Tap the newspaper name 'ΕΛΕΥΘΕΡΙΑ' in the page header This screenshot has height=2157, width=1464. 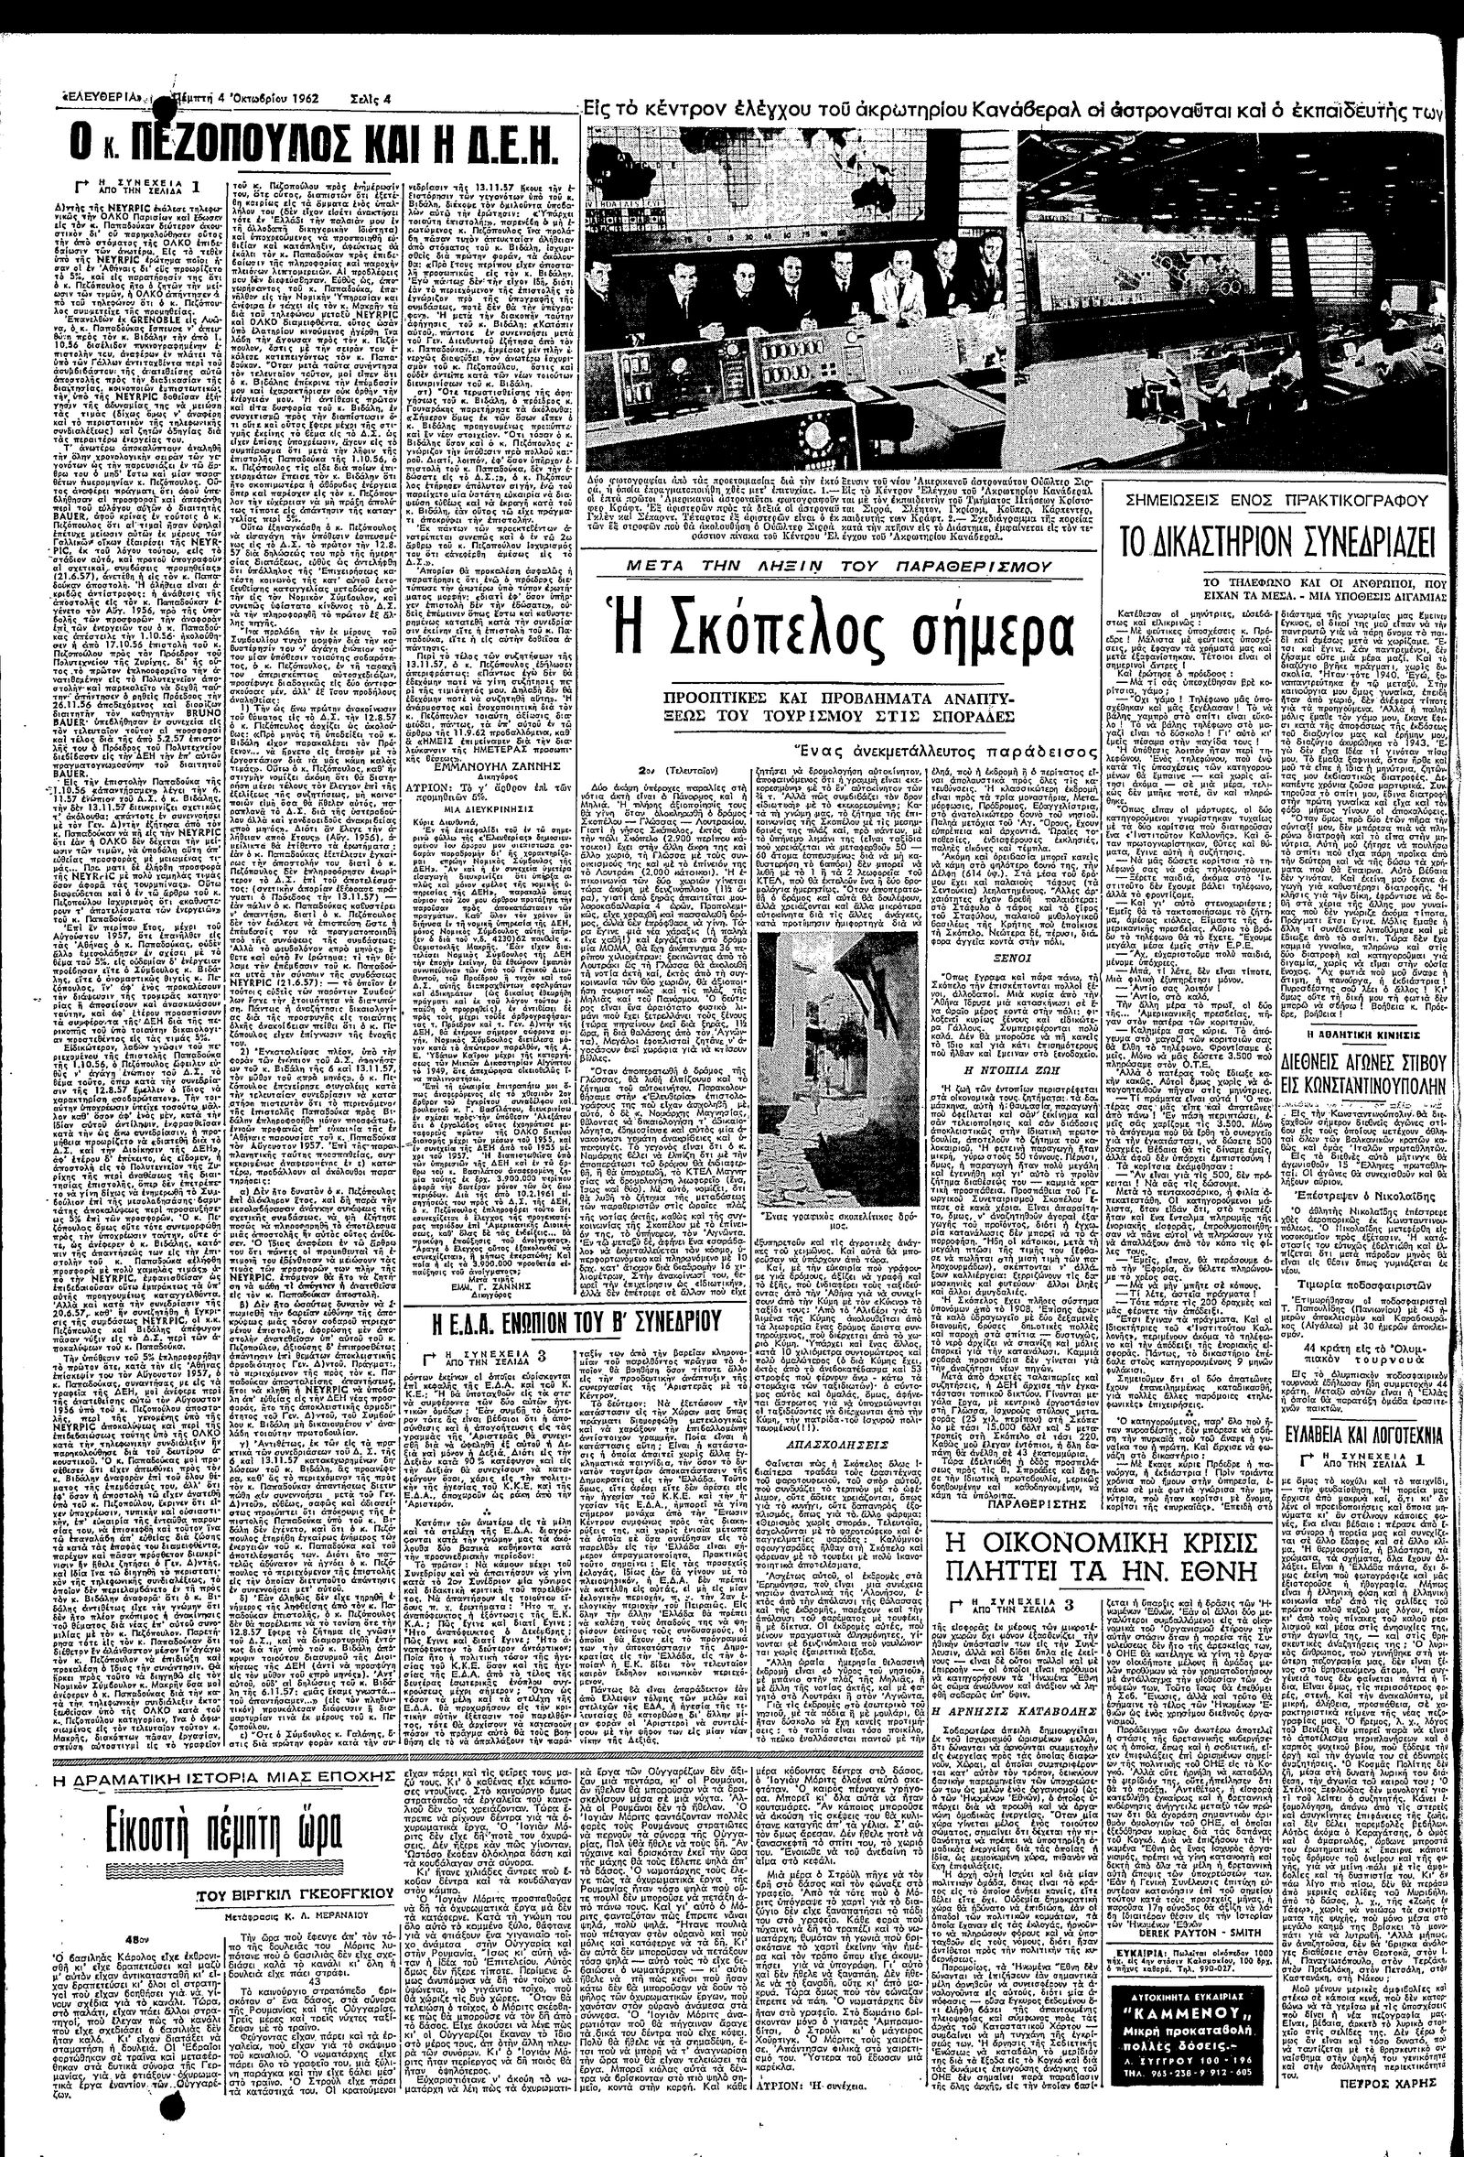tap(102, 95)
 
